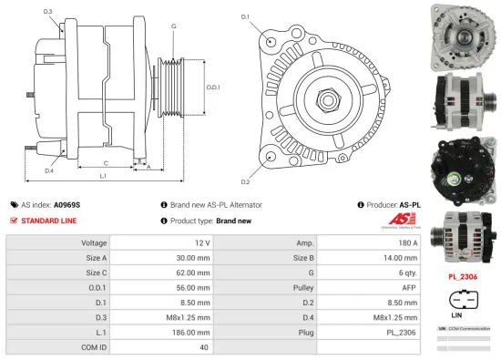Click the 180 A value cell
(370, 243)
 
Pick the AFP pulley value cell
(370, 286)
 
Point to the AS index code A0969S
(66, 206)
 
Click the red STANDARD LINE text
(49, 221)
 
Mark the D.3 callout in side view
(47, 11)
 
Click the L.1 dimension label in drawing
(103, 174)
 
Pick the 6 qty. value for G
(370, 272)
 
